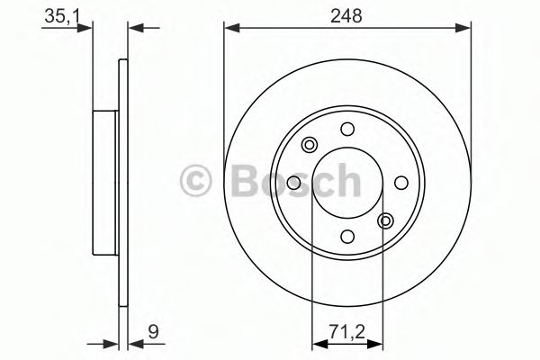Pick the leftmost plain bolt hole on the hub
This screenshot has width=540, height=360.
(x=294, y=183)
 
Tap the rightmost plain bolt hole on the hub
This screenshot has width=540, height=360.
(x=401, y=183)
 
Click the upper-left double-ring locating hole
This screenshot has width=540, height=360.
(x=310, y=145)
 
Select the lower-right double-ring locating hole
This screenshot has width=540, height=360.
(x=386, y=220)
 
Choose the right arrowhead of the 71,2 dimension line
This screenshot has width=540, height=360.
(x=379, y=343)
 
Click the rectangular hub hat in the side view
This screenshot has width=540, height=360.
(x=106, y=183)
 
